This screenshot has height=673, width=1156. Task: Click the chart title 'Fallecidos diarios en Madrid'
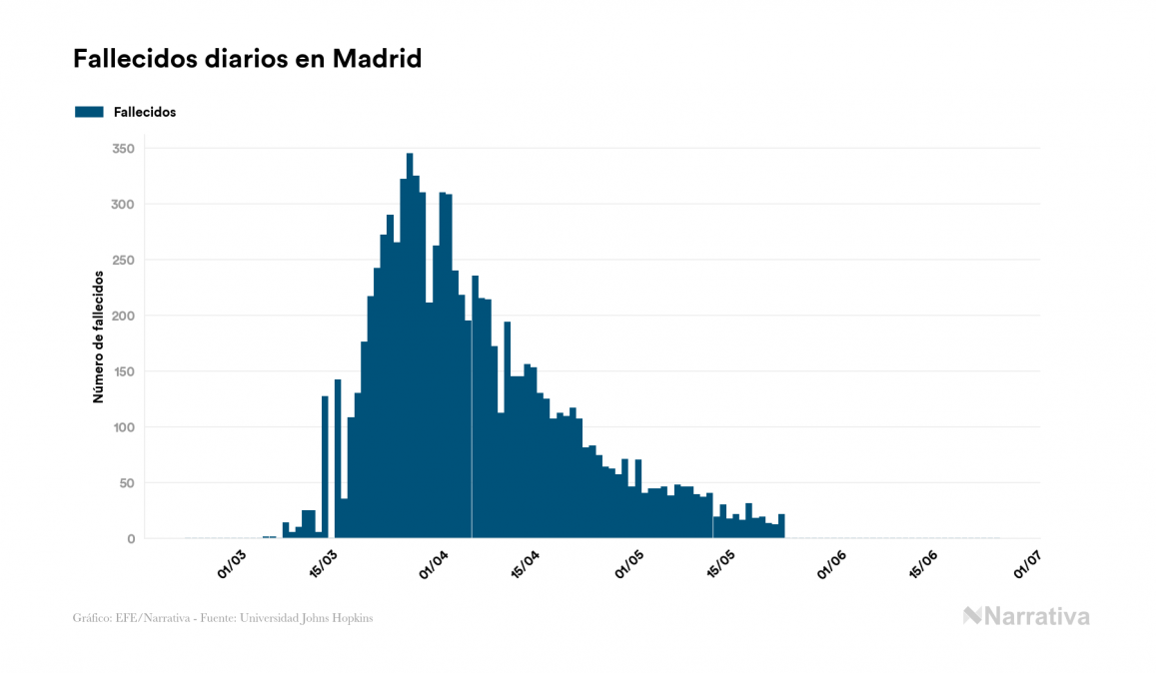pos(248,59)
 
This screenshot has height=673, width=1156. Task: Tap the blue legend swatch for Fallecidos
pos(89,112)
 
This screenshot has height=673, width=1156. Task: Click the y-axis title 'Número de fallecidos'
pos(98,336)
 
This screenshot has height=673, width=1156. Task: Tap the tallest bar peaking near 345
pos(410,349)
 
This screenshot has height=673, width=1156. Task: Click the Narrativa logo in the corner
pos(1026,616)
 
